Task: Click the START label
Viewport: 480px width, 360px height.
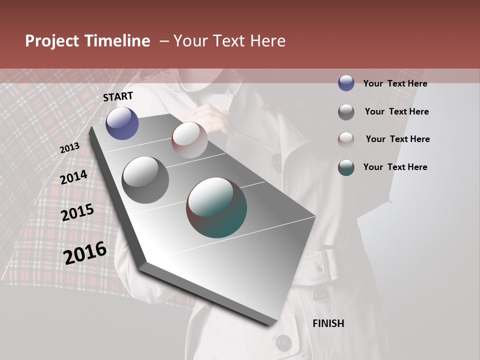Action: (118, 96)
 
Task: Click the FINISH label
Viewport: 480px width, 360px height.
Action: (328, 323)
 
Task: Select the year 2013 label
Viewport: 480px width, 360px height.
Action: (69, 148)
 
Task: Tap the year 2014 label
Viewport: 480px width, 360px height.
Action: (73, 177)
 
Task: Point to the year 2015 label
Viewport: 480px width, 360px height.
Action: (77, 212)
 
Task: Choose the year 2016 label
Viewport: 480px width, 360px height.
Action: (85, 252)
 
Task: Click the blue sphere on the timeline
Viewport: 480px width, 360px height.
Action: (122, 123)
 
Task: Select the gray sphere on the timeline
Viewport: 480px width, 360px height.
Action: (145, 179)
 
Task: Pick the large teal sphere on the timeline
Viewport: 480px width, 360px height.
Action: (216, 207)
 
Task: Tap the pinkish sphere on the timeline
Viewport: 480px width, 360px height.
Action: (189, 139)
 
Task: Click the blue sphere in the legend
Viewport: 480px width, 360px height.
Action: (346, 83)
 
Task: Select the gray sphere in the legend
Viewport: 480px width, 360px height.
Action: (346, 112)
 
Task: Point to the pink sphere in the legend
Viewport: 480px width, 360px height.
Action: (346, 139)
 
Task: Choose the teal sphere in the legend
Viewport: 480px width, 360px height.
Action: (346, 167)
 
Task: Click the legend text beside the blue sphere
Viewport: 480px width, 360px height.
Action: (395, 83)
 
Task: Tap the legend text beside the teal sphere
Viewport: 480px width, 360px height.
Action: (395, 167)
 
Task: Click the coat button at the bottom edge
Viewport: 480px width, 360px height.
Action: (283, 342)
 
